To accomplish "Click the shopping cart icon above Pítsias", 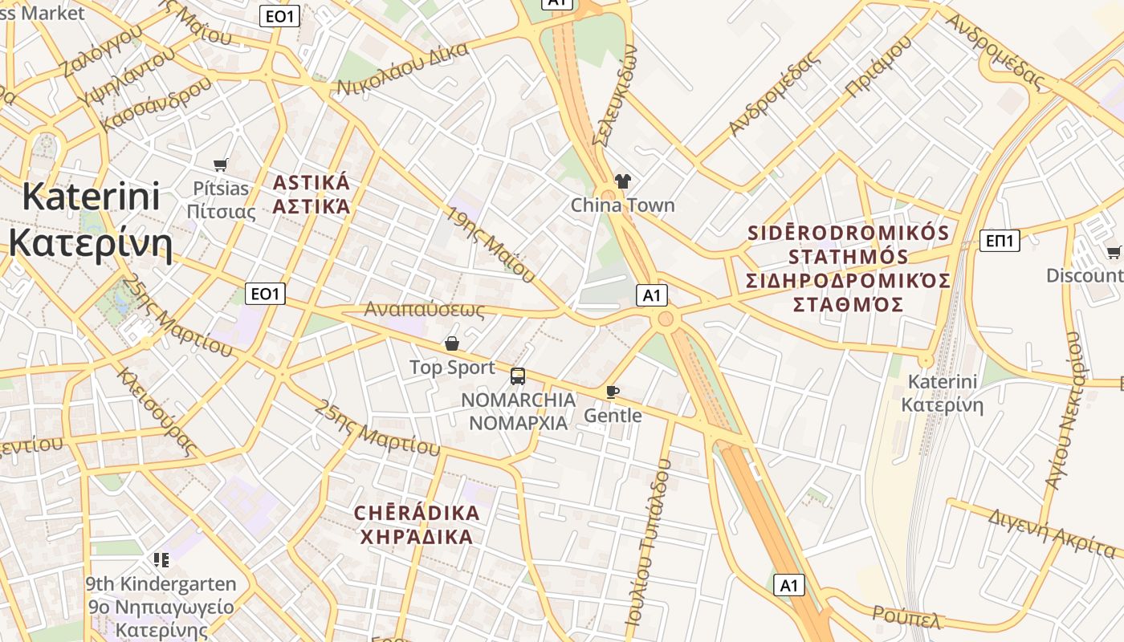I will [x=221, y=165].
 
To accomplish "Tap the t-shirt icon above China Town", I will [x=622, y=181].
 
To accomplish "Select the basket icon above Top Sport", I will [x=452, y=343].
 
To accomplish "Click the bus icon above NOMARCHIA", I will [x=518, y=376].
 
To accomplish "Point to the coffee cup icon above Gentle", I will [x=613, y=392].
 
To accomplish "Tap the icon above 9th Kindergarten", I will [x=161, y=559].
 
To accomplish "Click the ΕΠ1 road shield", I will [x=1000, y=240].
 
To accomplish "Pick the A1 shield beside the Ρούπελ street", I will [x=789, y=585].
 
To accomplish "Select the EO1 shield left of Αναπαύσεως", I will [x=265, y=294].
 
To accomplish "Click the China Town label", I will [x=622, y=205].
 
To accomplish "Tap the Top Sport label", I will [x=452, y=368].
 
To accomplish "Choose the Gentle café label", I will [x=613, y=416].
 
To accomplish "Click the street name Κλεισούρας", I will [x=157, y=410].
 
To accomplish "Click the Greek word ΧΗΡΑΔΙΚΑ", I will [x=417, y=537].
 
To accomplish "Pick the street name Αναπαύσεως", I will [x=425, y=310].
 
